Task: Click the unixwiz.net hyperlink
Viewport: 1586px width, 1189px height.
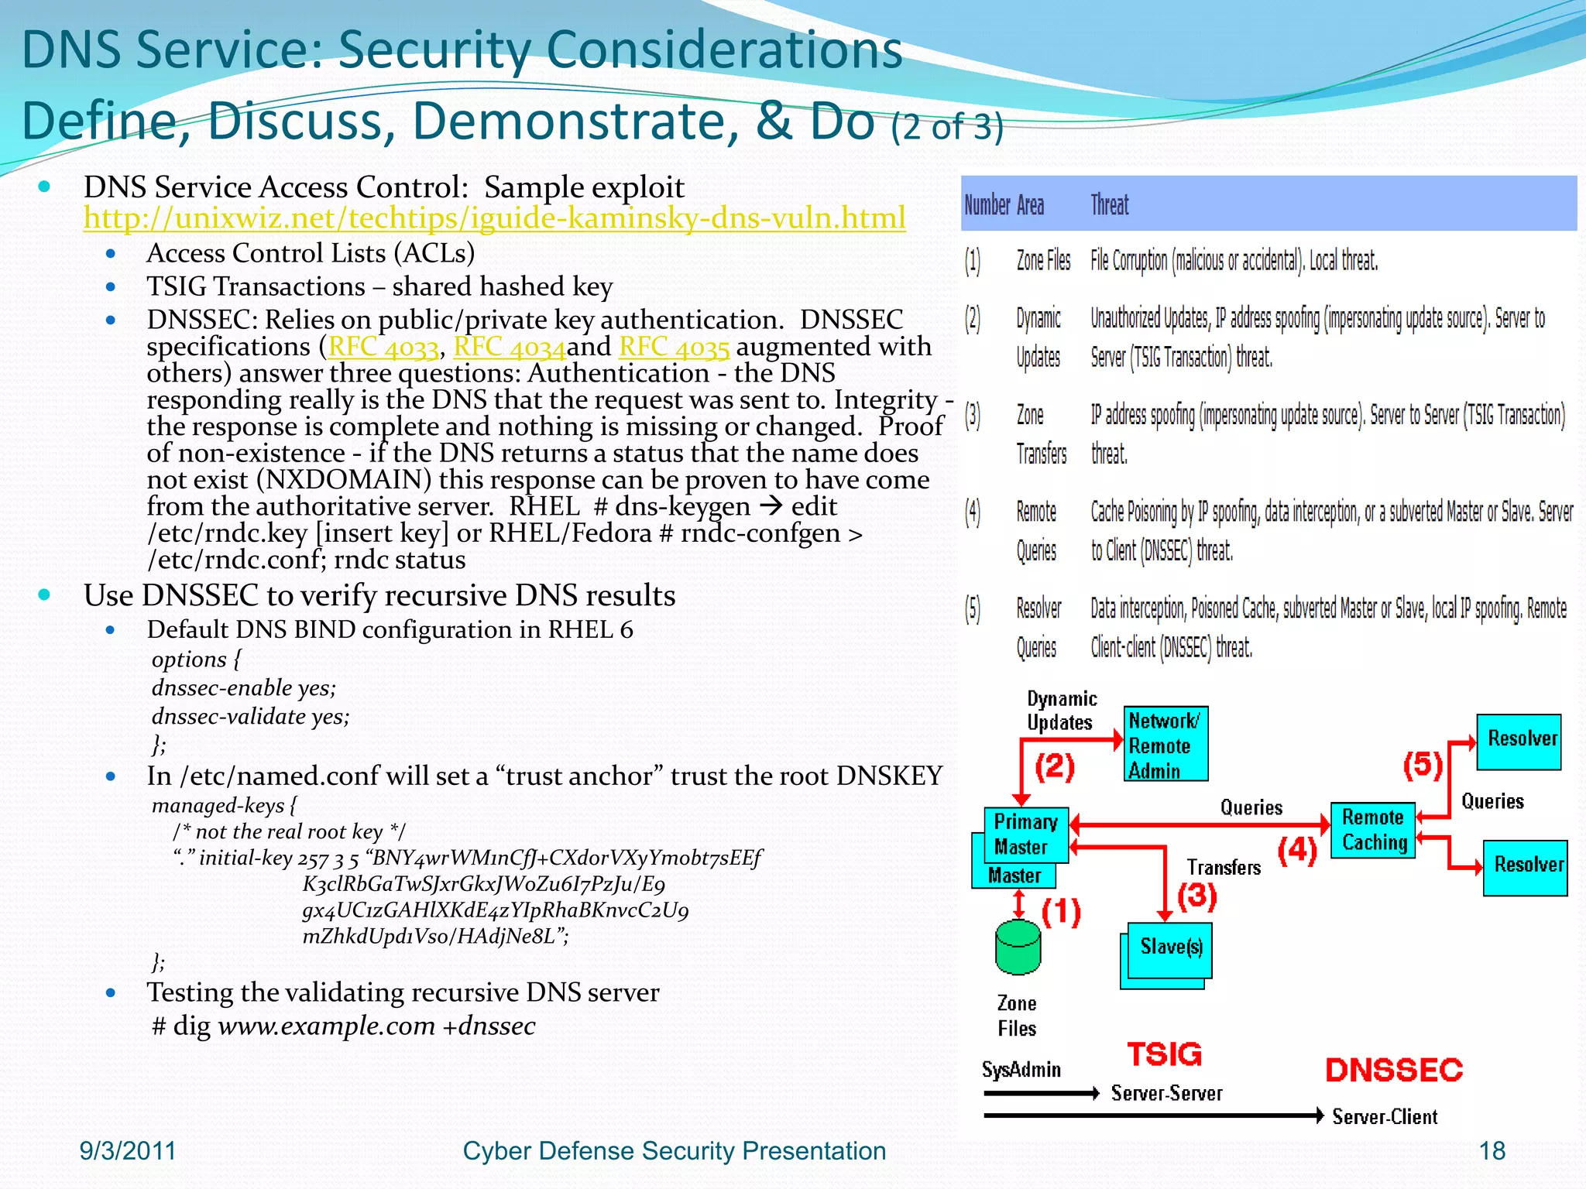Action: click(x=494, y=218)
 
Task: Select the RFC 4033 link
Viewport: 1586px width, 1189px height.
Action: click(x=383, y=347)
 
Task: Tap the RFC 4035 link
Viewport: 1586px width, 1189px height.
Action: click(x=674, y=347)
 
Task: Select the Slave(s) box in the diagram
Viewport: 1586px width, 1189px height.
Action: click(x=1170, y=947)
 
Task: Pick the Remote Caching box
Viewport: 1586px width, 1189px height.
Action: click(x=1373, y=830)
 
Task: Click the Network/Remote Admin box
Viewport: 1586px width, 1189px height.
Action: click(x=1165, y=745)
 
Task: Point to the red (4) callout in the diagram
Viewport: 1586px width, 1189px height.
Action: click(x=1297, y=850)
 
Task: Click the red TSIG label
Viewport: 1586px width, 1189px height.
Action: click(x=1164, y=1054)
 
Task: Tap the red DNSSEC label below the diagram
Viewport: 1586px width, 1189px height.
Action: click(x=1394, y=1070)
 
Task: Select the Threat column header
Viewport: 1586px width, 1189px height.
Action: click(x=1109, y=205)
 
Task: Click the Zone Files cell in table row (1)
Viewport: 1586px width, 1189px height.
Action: click(x=1043, y=261)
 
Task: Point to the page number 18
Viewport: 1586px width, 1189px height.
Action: click(x=1492, y=1151)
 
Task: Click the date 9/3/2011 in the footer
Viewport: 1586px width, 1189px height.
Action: click(x=128, y=1151)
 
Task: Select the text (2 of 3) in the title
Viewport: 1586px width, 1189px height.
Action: click(x=946, y=126)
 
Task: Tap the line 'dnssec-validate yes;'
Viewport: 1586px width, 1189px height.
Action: click(x=250, y=717)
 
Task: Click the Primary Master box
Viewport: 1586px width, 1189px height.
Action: click(x=1025, y=834)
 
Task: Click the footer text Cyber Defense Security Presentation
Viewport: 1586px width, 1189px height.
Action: click(x=674, y=1151)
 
